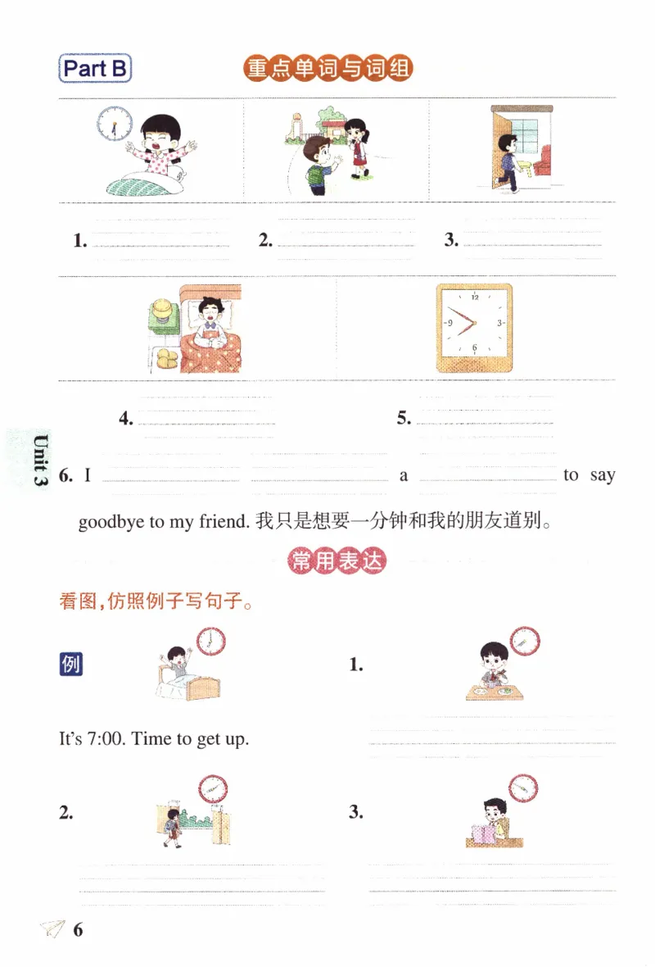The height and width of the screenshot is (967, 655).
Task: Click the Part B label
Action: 96,69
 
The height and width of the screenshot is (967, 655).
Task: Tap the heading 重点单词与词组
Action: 327,69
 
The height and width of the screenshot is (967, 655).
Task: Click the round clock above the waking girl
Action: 113,123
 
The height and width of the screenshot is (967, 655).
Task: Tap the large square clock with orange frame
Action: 474,327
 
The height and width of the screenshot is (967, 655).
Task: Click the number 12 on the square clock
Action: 474,297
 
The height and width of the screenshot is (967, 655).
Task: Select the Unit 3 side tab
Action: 38,460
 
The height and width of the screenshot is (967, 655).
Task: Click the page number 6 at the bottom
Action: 78,929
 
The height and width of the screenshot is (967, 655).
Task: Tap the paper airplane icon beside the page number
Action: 52,929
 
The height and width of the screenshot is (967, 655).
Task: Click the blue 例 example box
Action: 71,665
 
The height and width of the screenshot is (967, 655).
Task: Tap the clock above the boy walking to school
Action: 212,789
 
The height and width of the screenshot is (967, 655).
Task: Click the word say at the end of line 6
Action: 602,475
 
